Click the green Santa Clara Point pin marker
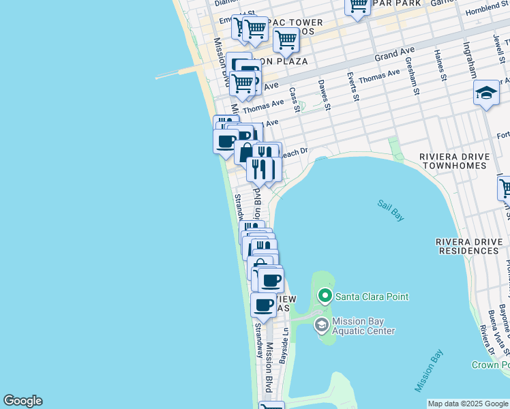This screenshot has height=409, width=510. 325,296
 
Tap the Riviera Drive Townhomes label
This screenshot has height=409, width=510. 454,161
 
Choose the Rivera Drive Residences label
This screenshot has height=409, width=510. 468,246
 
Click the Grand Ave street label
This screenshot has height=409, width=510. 394,52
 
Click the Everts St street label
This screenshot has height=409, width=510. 352,87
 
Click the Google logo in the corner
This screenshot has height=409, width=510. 22,401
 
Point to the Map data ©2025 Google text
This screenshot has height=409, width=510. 468,404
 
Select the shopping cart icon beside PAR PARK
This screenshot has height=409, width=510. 357,7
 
